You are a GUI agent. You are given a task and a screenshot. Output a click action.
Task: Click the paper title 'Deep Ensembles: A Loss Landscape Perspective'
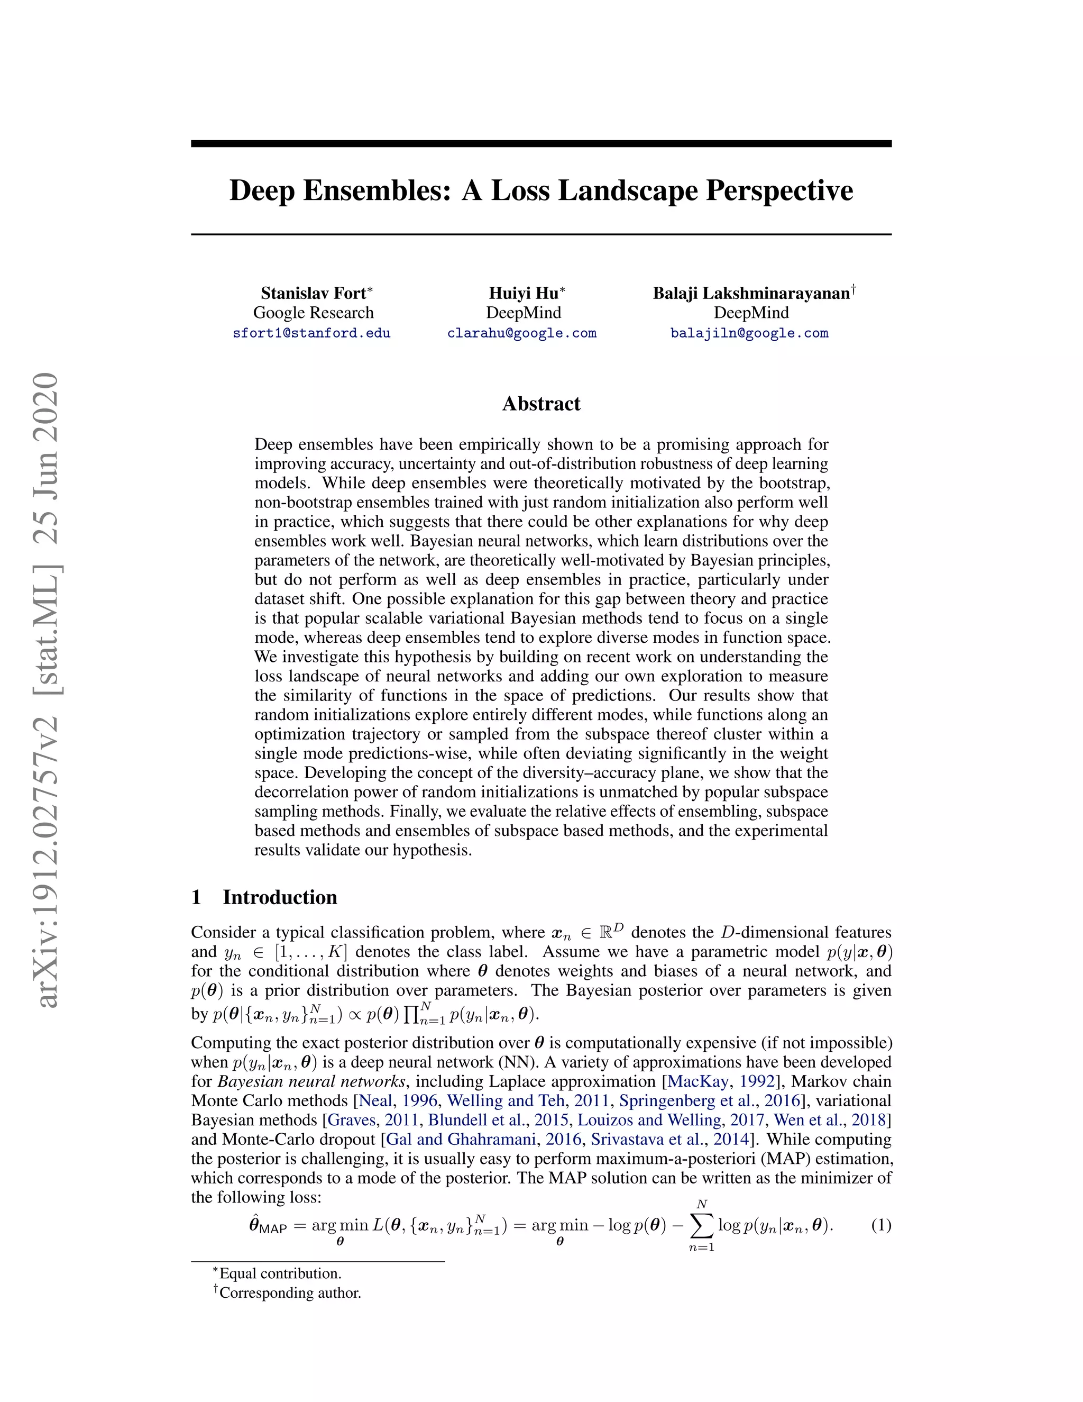click(541, 190)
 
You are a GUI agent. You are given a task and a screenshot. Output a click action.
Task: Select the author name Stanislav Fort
click(313, 294)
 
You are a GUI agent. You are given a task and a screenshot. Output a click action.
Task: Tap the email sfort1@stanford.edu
click(312, 333)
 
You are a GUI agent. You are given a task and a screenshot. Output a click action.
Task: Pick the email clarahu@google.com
click(521, 333)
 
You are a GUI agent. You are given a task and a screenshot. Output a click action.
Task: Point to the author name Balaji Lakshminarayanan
click(751, 294)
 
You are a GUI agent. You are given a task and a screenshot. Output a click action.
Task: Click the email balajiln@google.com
click(749, 333)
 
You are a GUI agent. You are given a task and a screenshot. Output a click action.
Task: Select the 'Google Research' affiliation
click(313, 313)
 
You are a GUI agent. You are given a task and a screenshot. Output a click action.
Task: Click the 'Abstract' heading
click(541, 404)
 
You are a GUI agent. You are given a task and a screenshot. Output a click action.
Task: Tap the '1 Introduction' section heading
click(264, 897)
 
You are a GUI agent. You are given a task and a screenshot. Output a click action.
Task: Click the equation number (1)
click(881, 1225)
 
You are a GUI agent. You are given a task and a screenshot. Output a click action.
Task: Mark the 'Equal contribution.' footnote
click(280, 1273)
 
